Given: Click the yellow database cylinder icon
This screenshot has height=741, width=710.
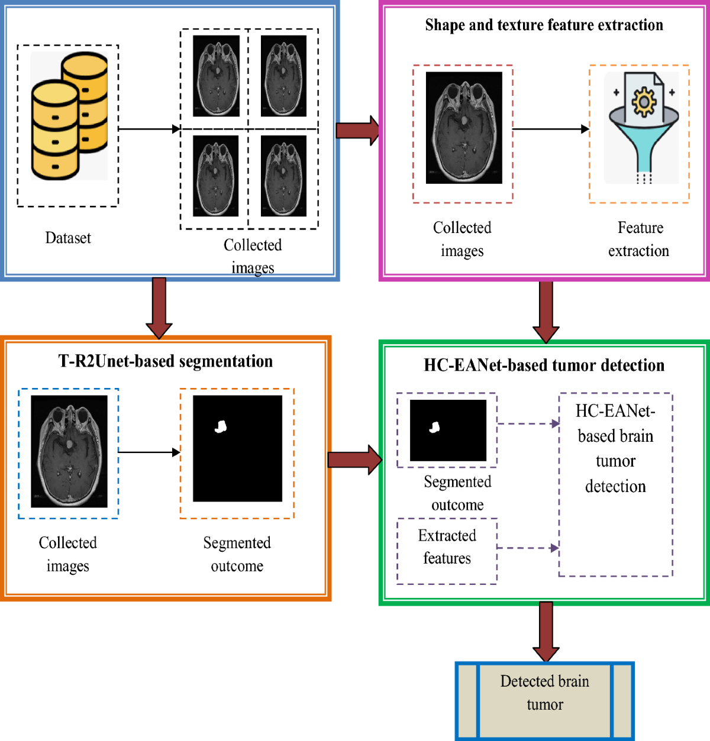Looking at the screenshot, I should (69, 116).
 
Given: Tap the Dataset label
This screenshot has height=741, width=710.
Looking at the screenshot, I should (68, 238).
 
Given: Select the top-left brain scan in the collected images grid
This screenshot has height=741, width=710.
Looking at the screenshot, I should (217, 76).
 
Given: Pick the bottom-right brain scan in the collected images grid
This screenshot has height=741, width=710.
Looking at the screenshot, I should (283, 176).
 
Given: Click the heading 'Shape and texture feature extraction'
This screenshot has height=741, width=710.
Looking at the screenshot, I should (544, 25).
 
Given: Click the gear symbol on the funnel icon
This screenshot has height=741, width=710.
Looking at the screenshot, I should (644, 102).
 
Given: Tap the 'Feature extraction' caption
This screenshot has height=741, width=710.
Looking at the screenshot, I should (639, 239).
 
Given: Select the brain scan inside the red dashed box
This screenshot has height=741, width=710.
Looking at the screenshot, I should (464, 128).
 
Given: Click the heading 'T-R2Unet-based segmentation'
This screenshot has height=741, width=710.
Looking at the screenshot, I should (166, 361).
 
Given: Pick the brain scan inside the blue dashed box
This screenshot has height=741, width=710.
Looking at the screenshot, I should (69, 451).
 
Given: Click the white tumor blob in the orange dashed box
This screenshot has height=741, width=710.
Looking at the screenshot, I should (221, 426).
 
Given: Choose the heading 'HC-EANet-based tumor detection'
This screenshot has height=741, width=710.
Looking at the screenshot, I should (544, 365).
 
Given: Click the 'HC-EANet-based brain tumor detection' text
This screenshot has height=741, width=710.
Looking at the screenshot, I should (615, 448).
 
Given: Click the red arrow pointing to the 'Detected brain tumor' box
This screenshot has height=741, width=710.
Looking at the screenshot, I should (546, 632).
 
